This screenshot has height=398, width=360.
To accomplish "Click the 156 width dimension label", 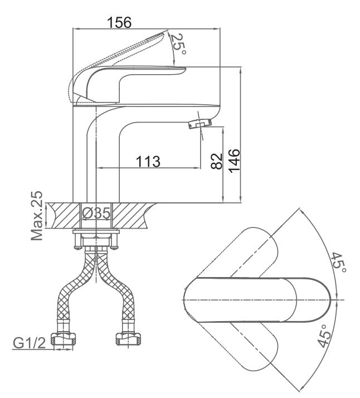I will (x=119, y=23).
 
